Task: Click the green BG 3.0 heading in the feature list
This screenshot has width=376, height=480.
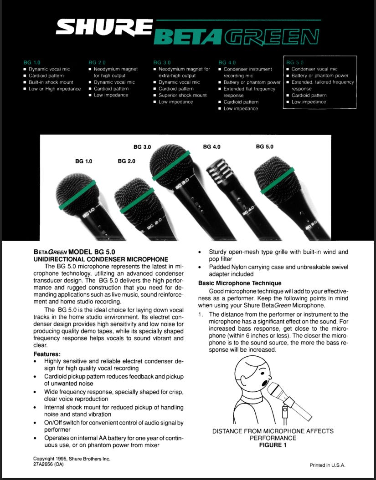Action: (162, 62)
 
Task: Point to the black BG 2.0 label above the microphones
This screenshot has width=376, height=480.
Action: (126, 161)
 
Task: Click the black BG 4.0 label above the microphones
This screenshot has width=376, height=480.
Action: (211, 147)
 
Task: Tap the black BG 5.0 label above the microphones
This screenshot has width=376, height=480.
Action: (265, 147)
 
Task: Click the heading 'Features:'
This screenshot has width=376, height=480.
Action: (47, 354)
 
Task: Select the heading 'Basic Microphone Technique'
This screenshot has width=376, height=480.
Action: (240, 283)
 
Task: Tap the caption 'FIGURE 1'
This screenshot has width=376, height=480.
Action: (273, 445)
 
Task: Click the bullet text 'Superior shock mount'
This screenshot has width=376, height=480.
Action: (183, 96)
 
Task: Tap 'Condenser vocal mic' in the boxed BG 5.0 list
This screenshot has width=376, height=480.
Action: (314, 69)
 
